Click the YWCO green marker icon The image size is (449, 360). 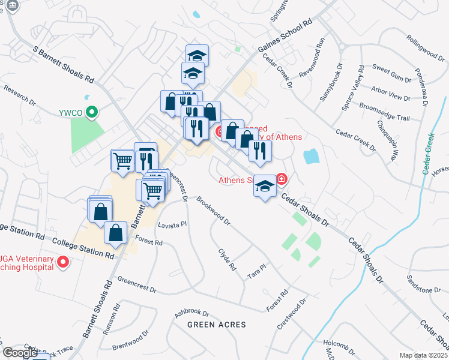pyautogui.click(x=92, y=112)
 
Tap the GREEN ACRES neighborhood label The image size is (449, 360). pyautogui.click(x=217, y=325)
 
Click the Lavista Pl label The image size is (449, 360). pyautogui.click(x=172, y=224)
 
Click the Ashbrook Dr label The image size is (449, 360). pyautogui.click(x=191, y=313)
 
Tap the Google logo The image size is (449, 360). pyautogui.click(x=20, y=353)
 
